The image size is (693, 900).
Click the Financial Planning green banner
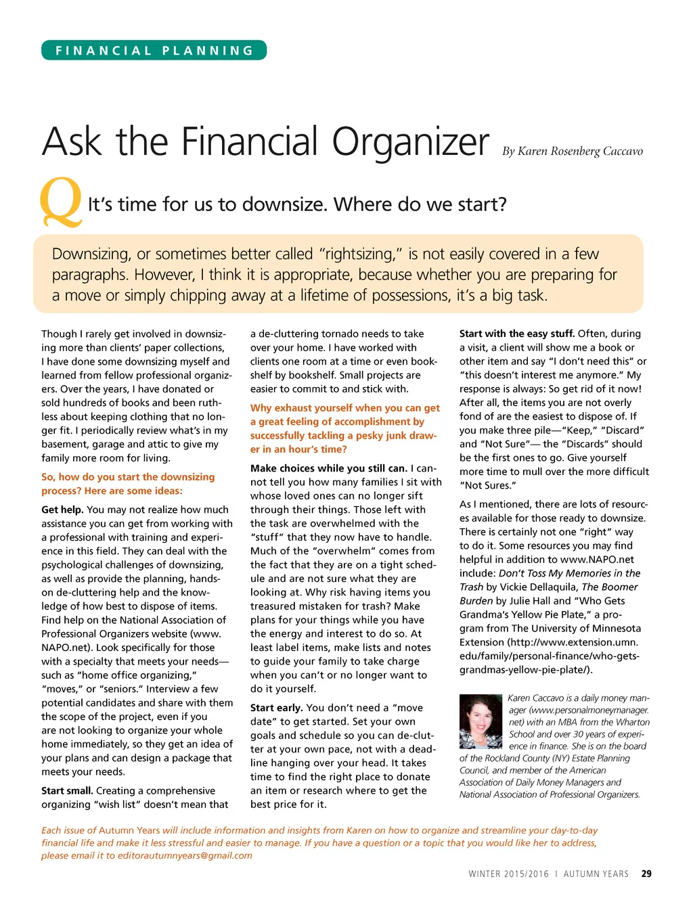click(x=154, y=51)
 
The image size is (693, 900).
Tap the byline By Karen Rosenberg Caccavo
click(x=572, y=151)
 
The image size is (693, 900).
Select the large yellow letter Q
click(x=61, y=202)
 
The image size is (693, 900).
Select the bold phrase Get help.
click(x=62, y=510)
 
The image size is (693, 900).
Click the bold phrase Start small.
click(x=67, y=790)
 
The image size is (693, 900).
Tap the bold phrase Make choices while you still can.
click(x=329, y=468)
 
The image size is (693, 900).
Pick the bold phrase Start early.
click(x=276, y=708)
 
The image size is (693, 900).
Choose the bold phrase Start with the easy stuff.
click(x=517, y=334)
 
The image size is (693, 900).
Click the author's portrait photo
click(x=480, y=721)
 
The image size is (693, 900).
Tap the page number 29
click(x=646, y=874)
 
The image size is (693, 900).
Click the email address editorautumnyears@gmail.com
click(x=185, y=855)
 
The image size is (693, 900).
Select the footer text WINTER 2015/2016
click(x=508, y=874)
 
